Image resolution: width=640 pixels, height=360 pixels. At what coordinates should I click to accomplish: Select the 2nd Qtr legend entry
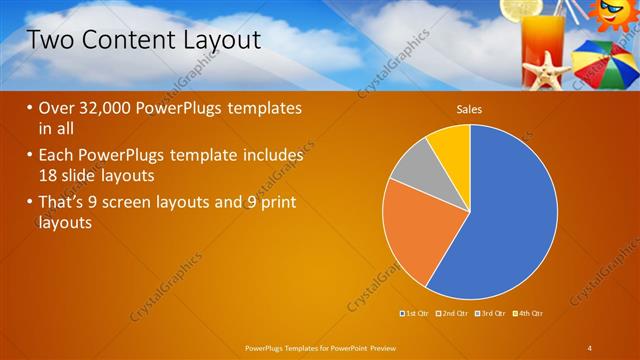pos(453,314)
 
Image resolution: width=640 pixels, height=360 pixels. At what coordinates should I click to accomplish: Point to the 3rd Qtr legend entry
pos(490,314)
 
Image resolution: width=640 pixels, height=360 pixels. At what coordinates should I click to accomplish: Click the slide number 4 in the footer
pos(590,347)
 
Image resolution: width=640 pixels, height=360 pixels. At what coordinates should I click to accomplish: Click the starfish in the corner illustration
pos(547,72)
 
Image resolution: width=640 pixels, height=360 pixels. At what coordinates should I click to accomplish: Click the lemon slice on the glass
pos(520,10)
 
